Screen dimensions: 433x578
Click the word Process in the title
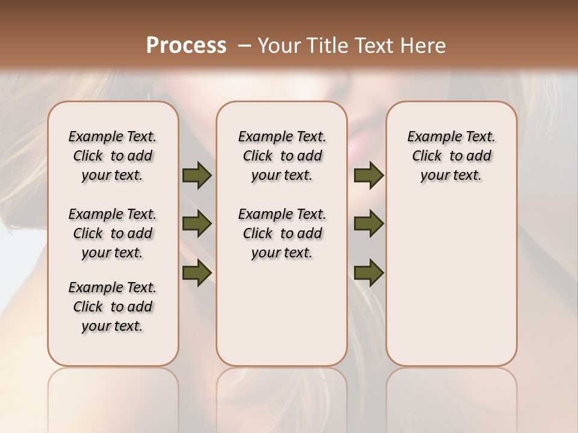point(186,46)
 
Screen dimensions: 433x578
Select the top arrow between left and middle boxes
point(196,175)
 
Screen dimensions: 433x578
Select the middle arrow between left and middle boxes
point(196,224)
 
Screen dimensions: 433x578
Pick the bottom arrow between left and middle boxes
point(196,272)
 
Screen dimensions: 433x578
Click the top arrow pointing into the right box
point(368,175)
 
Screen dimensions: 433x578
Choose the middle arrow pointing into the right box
point(368,224)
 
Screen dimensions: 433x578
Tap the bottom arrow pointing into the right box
point(368,272)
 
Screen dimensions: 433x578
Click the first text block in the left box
point(113,156)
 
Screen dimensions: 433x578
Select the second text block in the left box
point(113,233)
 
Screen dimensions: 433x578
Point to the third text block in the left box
point(113,307)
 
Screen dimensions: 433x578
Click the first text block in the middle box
point(282,156)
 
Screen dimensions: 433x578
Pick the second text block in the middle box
point(282,233)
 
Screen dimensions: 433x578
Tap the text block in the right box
point(452,156)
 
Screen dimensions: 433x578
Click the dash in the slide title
point(244,46)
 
